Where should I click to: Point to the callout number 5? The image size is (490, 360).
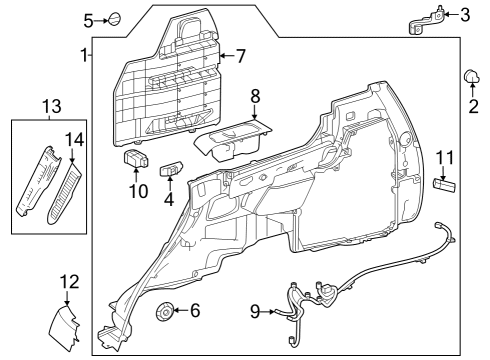pos(88,20)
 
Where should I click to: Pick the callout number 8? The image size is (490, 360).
pos(255,98)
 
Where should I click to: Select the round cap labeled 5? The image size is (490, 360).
pos(114,19)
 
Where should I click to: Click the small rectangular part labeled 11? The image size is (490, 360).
pos(445,185)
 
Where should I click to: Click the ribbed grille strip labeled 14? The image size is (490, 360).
pos(62,194)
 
